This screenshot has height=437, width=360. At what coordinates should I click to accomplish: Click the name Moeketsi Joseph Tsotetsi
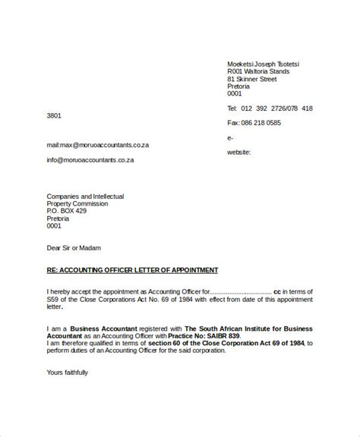[263, 64]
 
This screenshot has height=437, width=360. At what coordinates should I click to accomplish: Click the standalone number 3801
[54, 115]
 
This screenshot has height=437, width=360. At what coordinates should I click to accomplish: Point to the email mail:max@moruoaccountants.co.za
[90, 143]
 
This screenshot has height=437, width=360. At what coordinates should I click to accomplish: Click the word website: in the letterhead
[242, 152]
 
